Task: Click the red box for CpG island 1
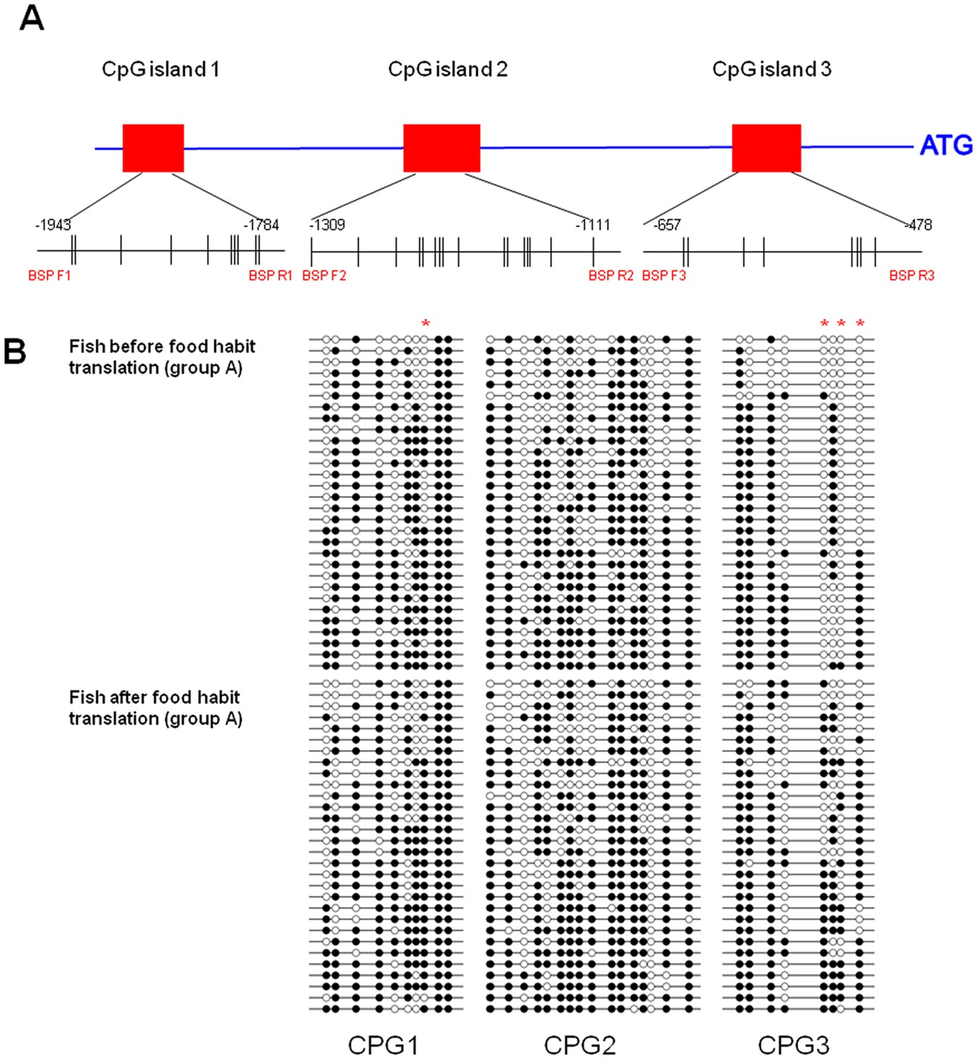coord(153,148)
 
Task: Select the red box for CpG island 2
coord(441,148)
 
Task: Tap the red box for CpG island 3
coord(766,148)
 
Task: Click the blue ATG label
coord(946,146)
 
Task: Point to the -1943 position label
coord(53,225)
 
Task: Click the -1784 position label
coord(261,225)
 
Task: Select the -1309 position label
coord(328,225)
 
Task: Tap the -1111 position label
coord(593,225)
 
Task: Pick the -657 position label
coord(667,225)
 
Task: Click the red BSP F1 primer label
coord(49,276)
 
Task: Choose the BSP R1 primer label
coord(270,276)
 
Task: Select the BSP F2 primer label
coord(324,276)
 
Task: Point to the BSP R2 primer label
coord(611,276)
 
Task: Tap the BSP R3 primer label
coord(912,276)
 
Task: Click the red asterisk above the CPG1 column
coord(426,323)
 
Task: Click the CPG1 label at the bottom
coord(384,1045)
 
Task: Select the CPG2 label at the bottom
coord(580,1045)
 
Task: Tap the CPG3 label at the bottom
coord(794,1045)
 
